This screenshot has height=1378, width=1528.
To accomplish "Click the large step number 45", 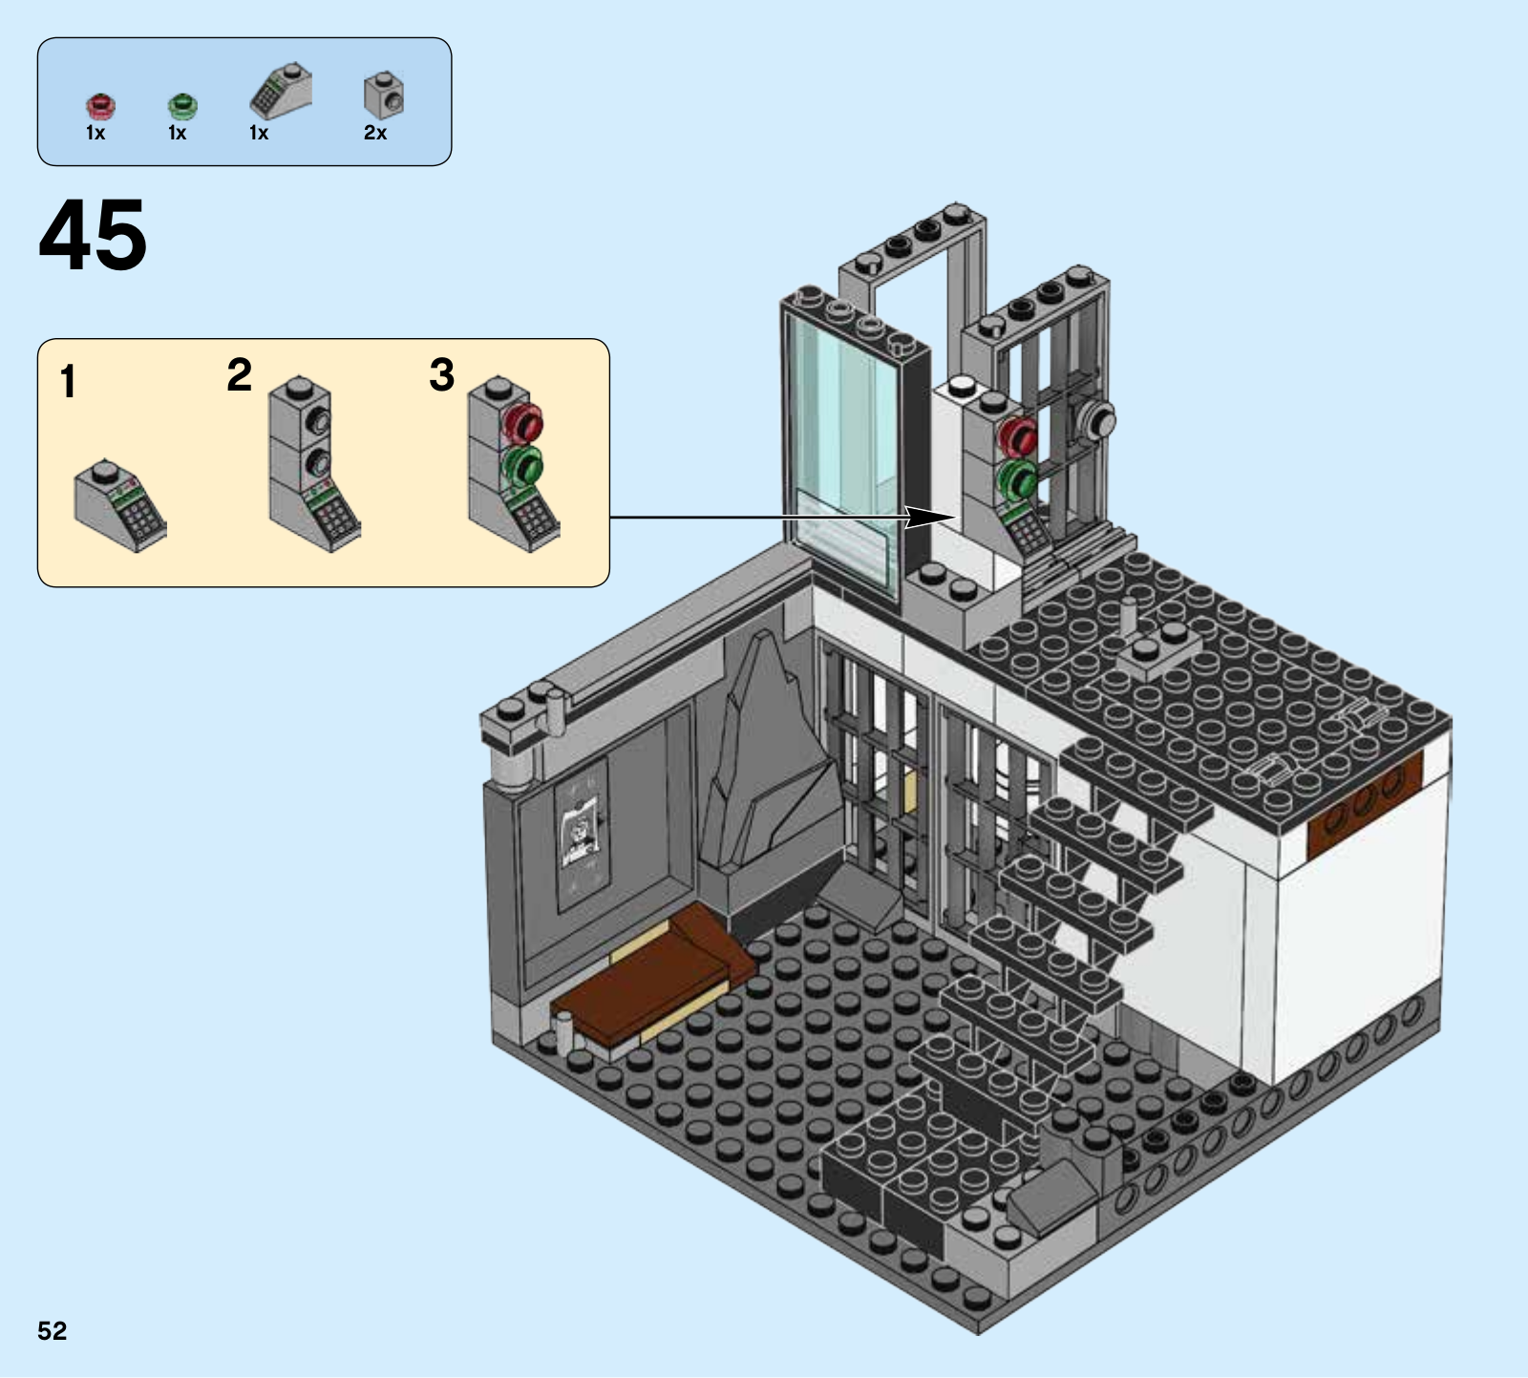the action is tap(93, 234).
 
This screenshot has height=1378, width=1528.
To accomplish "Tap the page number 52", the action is tap(53, 1330).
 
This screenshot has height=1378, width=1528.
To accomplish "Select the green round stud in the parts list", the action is tap(181, 105).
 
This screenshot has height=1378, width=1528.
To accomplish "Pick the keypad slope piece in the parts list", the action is tap(280, 93).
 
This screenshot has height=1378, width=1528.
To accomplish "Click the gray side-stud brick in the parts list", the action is tap(384, 95).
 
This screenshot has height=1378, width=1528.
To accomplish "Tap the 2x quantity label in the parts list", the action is tap(375, 134).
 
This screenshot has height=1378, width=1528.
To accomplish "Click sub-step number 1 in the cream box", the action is tap(68, 382).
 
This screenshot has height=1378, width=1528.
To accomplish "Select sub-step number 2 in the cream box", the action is tap(240, 374).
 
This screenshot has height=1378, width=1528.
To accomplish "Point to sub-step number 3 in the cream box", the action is tap(441, 374).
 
